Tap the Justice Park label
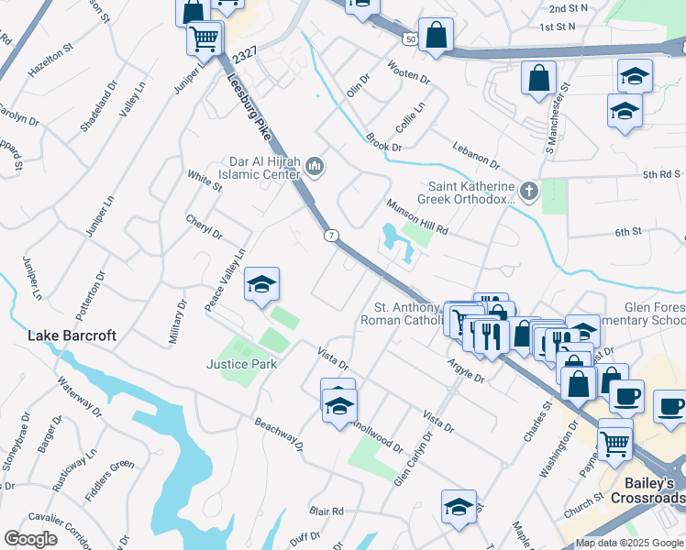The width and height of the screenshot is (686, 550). [241, 364]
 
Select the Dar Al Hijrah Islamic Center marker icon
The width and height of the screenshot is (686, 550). [315, 166]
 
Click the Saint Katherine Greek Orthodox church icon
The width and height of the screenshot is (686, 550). [527, 192]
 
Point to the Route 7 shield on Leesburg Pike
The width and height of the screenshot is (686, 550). [328, 236]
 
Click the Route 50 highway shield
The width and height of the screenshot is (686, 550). [408, 38]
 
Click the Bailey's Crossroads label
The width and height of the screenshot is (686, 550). [648, 489]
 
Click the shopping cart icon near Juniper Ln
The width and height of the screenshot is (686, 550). [204, 38]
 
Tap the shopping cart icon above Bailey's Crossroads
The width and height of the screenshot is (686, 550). [615, 442]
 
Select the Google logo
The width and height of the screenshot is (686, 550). [31, 539]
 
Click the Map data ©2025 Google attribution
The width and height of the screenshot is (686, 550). [629, 543]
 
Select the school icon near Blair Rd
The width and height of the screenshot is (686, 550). [458, 507]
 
